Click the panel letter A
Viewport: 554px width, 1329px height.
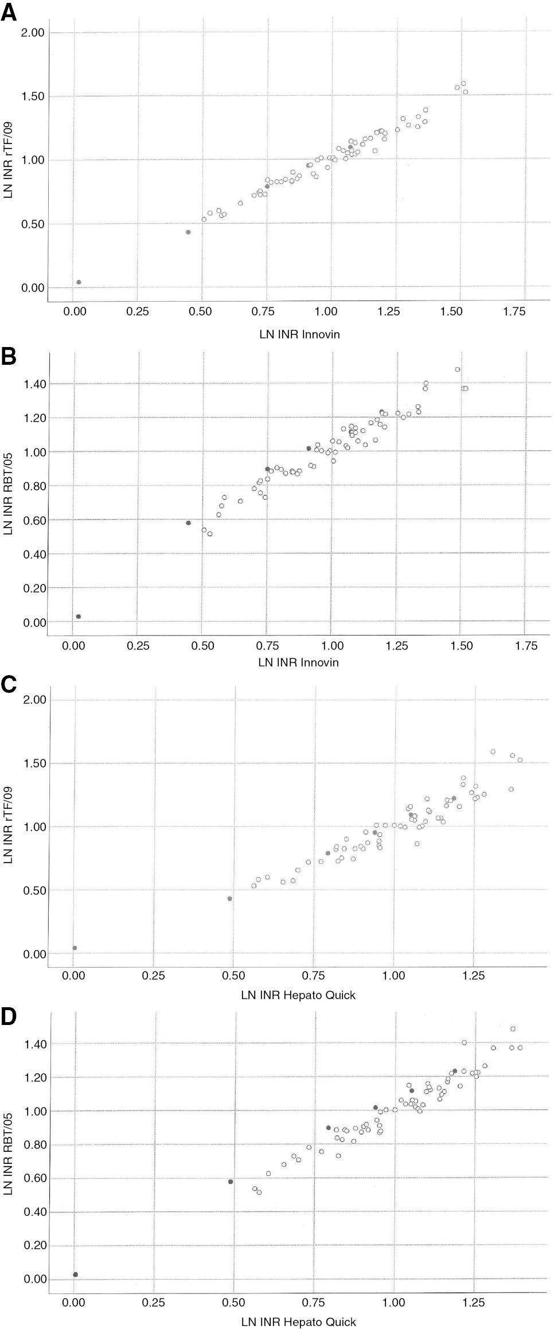tap(9, 12)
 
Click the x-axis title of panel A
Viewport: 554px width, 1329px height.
tap(299, 334)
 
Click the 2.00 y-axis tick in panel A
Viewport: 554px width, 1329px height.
tap(32, 32)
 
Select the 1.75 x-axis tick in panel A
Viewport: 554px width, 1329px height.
tap(513, 311)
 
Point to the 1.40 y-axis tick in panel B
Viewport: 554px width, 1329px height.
tap(32, 383)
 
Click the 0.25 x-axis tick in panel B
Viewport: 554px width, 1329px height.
tap(138, 645)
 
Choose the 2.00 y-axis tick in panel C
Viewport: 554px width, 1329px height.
tap(32, 700)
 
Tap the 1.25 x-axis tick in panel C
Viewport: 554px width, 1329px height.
tap(473, 975)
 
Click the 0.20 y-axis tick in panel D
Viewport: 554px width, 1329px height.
tap(32, 1246)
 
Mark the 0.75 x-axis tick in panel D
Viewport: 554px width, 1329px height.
tap(314, 1302)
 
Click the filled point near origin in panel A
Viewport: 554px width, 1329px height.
tap(79, 282)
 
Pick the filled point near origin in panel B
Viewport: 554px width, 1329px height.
tap(78, 617)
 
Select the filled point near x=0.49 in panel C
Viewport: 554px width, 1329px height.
tap(229, 898)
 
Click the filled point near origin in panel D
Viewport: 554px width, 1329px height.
tap(75, 1274)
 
